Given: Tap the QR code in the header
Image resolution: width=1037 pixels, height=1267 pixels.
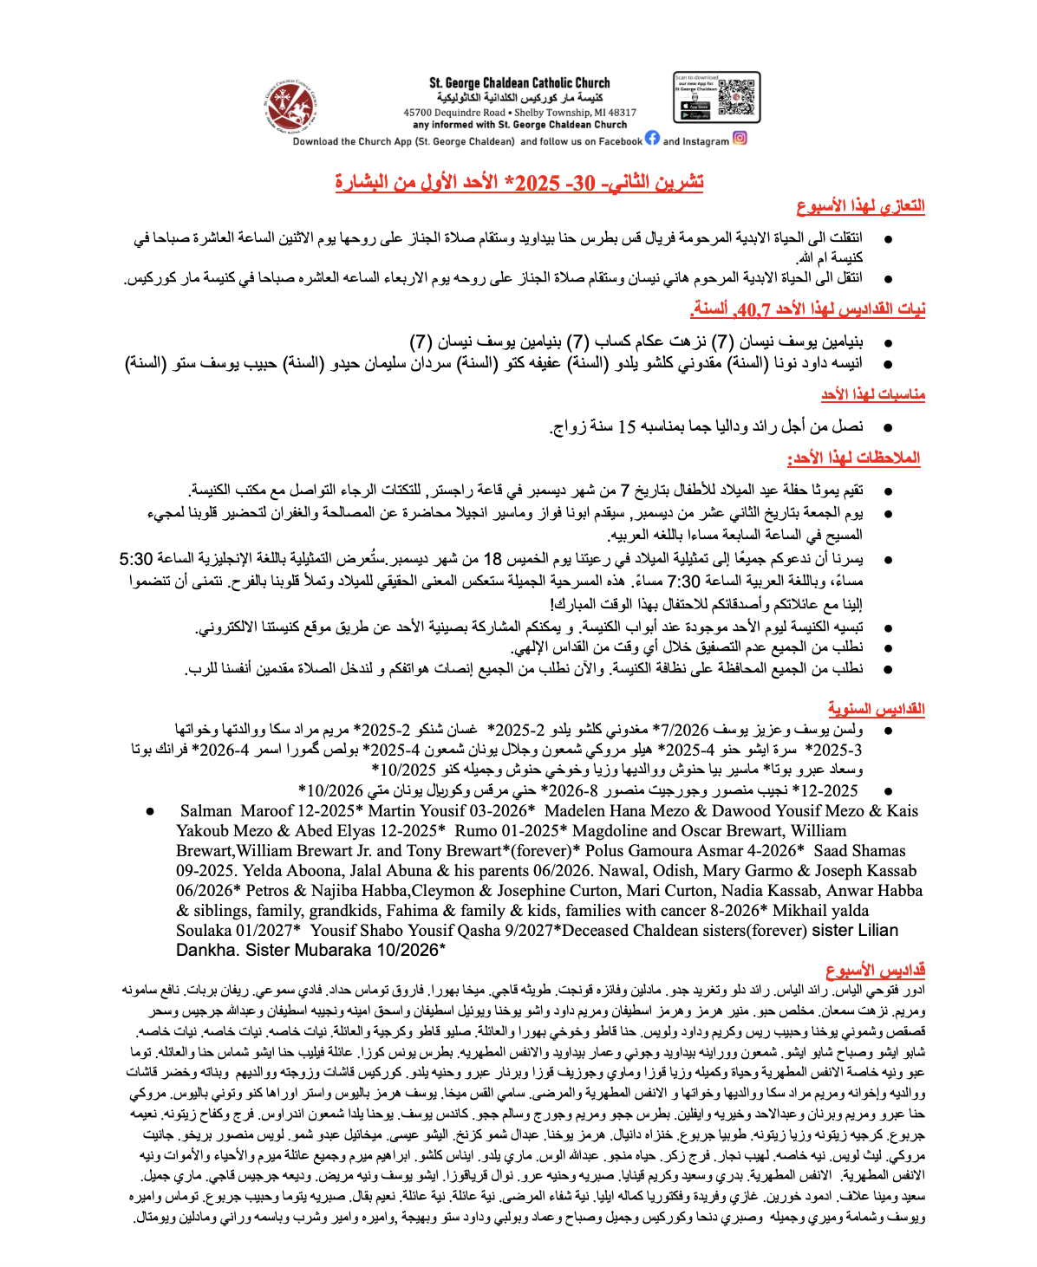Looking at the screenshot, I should (736, 96).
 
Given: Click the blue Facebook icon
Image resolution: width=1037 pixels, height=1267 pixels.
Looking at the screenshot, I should (652, 138).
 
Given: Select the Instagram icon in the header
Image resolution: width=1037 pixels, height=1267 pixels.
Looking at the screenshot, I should (740, 138).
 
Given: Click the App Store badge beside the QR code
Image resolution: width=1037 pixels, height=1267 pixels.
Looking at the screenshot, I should (695, 106).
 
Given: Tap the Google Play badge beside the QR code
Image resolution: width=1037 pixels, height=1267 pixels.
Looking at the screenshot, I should (695, 115).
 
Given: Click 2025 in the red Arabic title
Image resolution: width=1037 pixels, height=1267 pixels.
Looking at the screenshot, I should (538, 183).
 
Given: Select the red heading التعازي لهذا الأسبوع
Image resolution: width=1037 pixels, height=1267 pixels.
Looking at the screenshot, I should (860, 206).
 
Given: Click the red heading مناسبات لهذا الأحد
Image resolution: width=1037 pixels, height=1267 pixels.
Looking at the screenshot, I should (872, 395).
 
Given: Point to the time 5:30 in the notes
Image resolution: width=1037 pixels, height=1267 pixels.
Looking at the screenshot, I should (136, 558).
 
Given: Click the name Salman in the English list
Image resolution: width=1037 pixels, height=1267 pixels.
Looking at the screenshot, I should (205, 811).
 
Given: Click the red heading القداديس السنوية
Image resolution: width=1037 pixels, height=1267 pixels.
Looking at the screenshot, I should (876, 708).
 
